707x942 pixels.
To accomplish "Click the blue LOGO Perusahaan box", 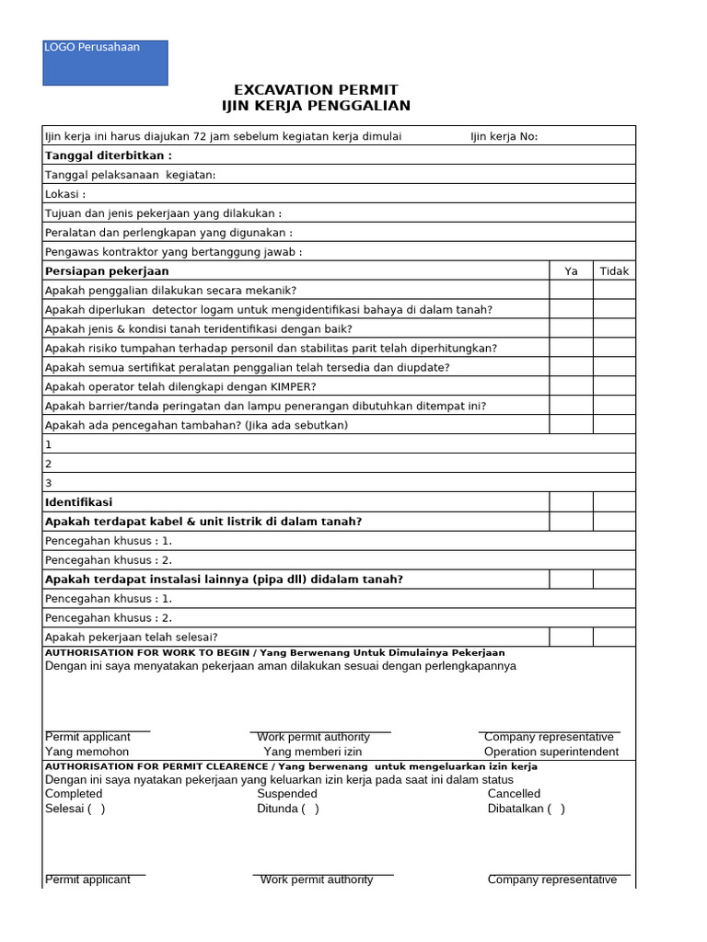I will [x=105, y=63].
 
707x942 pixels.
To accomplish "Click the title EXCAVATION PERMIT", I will [x=316, y=89].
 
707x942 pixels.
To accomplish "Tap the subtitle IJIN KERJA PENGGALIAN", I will [x=316, y=106].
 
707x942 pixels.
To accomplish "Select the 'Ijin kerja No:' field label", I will [x=504, y=137].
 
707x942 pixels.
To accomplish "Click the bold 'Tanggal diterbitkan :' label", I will [x=109, y=155].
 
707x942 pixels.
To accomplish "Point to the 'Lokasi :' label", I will [x=65, y=194].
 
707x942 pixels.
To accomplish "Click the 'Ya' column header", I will [x=571, y=271].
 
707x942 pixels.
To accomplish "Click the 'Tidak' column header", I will [x=614, y=271].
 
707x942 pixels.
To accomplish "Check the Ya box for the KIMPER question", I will [x=571, y=386].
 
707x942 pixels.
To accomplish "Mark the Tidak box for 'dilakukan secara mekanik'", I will [x=614, y=290].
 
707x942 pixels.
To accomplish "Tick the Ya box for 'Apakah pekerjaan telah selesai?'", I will [x=571, y=637].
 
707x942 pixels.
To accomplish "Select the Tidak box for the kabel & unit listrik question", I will [x=614, y=522].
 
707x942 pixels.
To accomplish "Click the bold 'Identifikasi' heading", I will [x=78, y=502].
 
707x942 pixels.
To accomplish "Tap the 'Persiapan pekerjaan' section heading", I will [x=107, y=271].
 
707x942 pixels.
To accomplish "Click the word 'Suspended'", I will [x=287, y=793].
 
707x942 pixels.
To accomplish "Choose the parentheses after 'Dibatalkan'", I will [x=556, y=809].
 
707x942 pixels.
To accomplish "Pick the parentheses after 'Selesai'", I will [x=96, y=809].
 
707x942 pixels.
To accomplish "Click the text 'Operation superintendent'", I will [x=551, y=752].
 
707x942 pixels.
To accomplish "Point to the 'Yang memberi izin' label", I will [x=313, y=752].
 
